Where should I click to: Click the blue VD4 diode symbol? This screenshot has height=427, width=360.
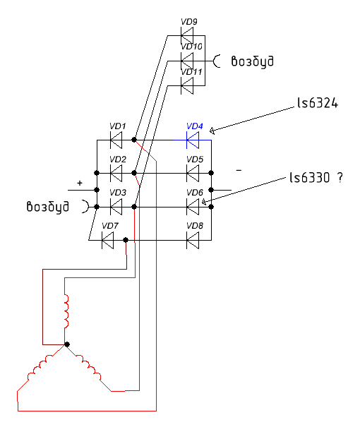[x=193, y=140]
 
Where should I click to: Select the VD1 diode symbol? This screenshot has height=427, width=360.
[x=116, y=140]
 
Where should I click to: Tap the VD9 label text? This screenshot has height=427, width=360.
[x=189, y=22]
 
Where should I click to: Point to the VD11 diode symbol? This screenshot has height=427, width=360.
[x=187, y=85]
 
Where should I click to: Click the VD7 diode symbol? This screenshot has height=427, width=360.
[x=107, y=240]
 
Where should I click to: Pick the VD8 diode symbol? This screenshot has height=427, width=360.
[x=193, y=240]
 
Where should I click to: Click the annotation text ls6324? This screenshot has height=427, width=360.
[x=318, y=103]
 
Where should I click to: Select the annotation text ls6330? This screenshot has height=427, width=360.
[x=310, y=178]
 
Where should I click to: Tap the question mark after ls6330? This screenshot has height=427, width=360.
[x=340, y=178]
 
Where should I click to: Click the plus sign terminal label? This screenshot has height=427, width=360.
[x=80, y=183]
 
